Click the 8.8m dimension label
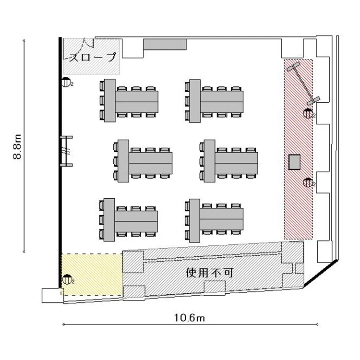coord(17,147)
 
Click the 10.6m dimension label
coord(190,318)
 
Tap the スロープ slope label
coord(93,57)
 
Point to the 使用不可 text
coord(210,273)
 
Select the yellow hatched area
coord(92,275)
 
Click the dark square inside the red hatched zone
coord(294,162)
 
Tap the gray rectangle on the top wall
coord(165,44)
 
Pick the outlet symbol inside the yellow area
coord(67,279)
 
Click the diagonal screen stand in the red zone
coord(303,84)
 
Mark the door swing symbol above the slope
coord(87,43)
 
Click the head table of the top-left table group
coord(110,100)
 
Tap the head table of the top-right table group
coord(195,101)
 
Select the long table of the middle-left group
coord(151,163)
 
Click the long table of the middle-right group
coord(237,163)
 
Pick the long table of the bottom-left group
coord(136,221)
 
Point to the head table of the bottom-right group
coord(194,221)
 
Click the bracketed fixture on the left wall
coord(67,151)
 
